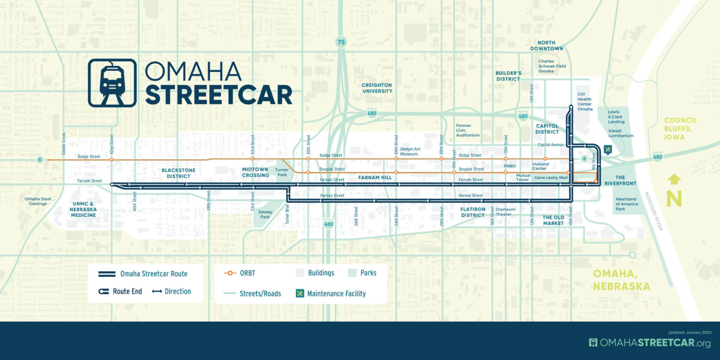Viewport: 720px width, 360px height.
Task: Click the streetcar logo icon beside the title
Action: click(x=112, y=83)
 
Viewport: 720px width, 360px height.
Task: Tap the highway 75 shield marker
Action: click(x=341, y=42)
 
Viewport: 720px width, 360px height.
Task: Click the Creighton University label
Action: click(x=377, y=88)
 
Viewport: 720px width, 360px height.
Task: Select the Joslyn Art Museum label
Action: click(x=409, y=151)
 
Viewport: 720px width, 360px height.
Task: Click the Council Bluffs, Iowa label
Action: click(x=680, y=128)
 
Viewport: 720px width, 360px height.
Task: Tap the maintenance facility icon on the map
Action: click(x=608, y=149)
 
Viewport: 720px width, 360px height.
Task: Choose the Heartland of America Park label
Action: click(x=626, y=204)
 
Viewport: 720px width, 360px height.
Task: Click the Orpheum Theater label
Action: click(x=505, y=211)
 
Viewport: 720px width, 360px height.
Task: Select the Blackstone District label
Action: click(x=179, y=173)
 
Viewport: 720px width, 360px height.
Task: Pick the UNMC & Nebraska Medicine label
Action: click(x=83, y=209)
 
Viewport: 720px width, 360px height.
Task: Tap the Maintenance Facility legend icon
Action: click(x=300, y=293)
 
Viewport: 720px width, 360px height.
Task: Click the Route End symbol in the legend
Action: click(x=104, y=292)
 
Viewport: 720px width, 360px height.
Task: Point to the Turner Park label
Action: click(x=282, y=172)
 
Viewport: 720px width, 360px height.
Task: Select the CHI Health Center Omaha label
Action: click(x=585, y=102)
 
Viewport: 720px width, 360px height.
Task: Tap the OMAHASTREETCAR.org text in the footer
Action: click(x=650, y=343)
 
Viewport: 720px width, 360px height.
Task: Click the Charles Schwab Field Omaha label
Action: click(x=552, y=66)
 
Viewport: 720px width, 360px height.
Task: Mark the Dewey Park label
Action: click(x=265, y=214)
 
